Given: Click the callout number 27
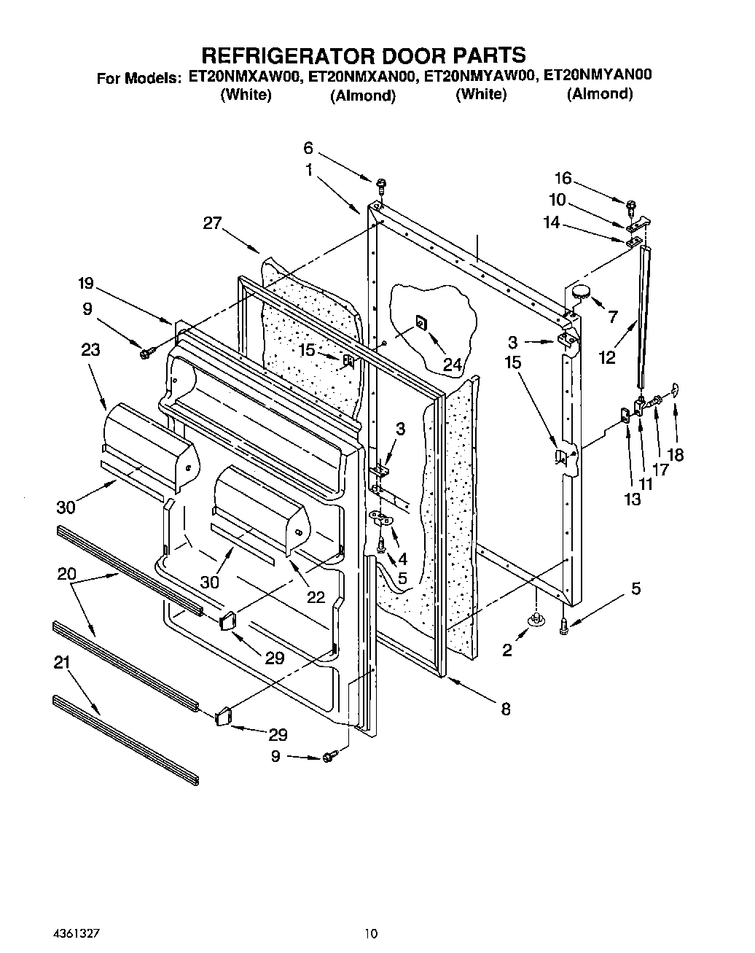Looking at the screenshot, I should (212, 224).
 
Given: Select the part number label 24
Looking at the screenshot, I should (453, 365).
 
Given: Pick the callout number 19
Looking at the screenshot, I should (86, 283).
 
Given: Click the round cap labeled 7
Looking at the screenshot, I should (581, 292).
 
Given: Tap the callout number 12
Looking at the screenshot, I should (606, 357).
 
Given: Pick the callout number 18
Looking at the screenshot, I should (676, 454).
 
